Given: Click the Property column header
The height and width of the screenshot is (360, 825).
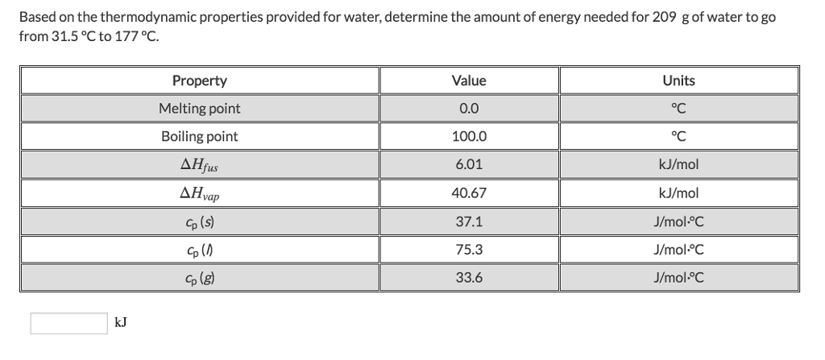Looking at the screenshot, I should point(199,81).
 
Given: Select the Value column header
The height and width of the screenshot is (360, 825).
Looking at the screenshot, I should point(469,81).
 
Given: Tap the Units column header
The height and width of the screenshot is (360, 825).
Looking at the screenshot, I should point(678,81).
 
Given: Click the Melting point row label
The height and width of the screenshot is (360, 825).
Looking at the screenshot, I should point(199,109).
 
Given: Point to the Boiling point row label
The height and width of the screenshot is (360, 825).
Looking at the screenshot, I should point(199,137).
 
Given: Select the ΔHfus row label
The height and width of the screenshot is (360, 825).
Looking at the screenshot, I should point(199,166).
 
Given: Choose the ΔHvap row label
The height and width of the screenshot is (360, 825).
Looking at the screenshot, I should point(199,194).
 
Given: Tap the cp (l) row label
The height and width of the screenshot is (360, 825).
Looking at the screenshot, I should point(199,250).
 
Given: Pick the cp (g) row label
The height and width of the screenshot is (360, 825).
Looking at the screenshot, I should point(199,279).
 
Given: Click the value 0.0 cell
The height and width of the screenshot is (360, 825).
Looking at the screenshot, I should point(469,109).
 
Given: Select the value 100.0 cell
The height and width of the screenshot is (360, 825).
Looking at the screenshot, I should point(469,137).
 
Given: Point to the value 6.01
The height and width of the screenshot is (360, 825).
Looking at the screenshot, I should point(469,165).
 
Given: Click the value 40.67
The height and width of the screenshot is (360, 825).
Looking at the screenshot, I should point(469,193).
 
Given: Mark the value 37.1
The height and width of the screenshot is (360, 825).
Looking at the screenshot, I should point(469,221).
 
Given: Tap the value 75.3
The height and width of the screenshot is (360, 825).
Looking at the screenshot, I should point(469,250).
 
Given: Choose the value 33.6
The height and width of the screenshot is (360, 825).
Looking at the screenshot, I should point(469,278).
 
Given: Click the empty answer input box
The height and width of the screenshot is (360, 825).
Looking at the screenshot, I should point(68,323).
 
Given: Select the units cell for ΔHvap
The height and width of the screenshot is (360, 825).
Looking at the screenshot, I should point(678,193).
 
